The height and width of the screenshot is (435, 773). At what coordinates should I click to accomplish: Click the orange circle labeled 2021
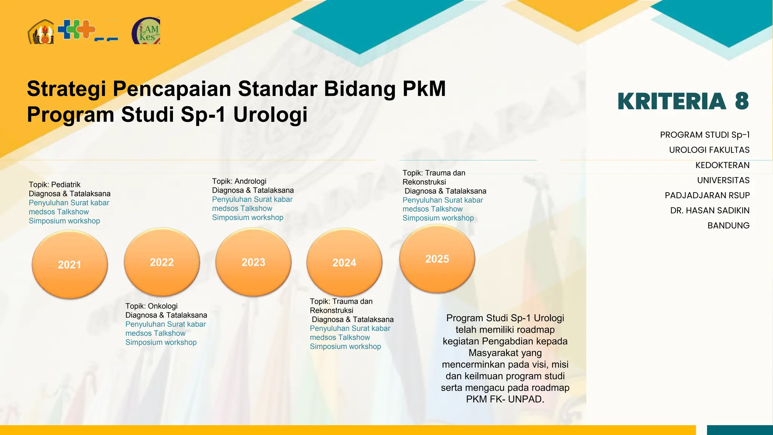[x=70, y=264]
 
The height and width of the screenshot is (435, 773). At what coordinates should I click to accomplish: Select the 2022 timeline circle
[x=162, y=262]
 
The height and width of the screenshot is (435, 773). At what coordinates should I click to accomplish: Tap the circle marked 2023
[x=254, y=262]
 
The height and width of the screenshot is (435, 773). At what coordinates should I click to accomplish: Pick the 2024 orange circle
[x=344, y=262]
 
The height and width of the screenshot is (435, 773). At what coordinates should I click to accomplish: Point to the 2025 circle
[x=437, y=259]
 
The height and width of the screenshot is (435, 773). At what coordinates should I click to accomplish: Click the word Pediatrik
[x=66, y=185]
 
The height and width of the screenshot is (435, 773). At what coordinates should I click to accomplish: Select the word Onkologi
[x=162, y=306]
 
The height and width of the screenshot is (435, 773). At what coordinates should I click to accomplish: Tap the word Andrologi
[x=250, y=181]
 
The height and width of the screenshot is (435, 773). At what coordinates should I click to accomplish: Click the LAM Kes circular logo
[x=146, y=31]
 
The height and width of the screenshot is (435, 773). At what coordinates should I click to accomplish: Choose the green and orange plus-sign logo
[x=77, y=30]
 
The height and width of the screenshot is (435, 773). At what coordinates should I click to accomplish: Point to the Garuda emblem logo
[x=41, y=32]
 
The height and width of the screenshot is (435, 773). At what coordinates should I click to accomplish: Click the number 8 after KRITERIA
[x=742, y=101]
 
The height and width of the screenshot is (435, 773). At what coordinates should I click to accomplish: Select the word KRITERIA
[x=672, y=101]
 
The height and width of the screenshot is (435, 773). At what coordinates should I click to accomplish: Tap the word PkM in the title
[x=424, y=89]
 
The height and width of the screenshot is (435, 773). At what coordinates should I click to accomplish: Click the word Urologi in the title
[x=270, y=114]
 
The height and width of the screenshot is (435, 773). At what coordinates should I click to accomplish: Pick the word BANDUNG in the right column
[x=728, y=226]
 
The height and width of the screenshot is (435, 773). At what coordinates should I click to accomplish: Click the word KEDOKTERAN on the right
[x=722, y=165]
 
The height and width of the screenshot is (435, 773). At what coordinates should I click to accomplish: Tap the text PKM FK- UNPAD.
[x=505, y=399]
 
